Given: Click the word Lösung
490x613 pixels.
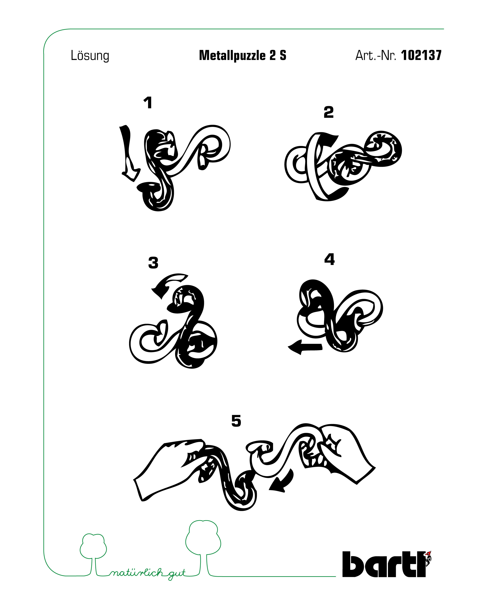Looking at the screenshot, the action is [x=90, y=55].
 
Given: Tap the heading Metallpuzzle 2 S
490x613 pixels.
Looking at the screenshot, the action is [x=243, y=55].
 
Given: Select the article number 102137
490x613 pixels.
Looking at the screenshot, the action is [x=421, y=55].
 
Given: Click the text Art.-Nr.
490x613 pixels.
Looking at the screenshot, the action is [x=375, y=55].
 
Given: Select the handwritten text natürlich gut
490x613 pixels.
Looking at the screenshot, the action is [x=148, y=573].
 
